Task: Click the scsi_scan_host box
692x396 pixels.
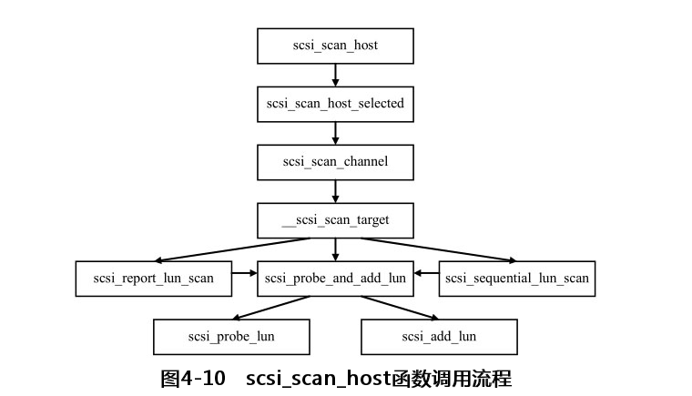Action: click(x=335, y=46)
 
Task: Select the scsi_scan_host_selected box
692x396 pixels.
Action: click(x=335, y=104)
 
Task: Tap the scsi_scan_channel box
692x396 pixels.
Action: click(x=335, y=162)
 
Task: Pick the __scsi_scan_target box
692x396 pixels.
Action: click(x=335, y=220)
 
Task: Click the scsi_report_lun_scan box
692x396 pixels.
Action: click(x=153, y=279)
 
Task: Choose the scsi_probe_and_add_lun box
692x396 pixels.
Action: click(x=335, y=279)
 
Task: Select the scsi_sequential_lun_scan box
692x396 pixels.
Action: click(x=517, y=279)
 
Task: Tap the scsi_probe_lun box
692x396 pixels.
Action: click(x=231, y=337)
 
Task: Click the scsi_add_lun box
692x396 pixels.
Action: click(x=439, y=337)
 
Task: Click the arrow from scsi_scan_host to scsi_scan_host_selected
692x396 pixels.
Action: click(x=335, y=75)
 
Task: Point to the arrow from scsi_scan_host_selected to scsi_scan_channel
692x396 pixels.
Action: click(x=335, y=133)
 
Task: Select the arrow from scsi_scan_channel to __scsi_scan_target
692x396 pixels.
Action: click(x=335, y=191)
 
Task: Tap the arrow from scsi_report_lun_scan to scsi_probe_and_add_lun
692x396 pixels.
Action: click(x=244, y=272)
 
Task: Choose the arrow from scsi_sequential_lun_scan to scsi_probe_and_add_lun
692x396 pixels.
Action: click(x=426, y=272)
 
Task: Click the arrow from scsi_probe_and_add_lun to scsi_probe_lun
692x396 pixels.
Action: click(x=273, y=308)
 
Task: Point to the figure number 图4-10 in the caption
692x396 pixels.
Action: click(x=192, y=379)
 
